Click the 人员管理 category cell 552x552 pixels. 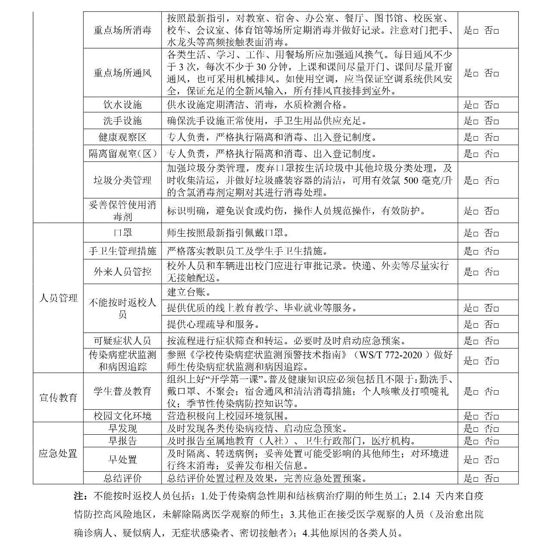tap(58, 298)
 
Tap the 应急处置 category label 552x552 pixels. tap(58, 453)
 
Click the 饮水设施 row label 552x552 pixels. tap(122, 105)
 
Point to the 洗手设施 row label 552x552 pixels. tap(122, 121)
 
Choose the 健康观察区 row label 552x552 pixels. tap(122, 137)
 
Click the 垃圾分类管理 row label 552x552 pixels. tap(122, 180)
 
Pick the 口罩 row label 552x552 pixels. tap(122, 233)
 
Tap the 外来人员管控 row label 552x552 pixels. tap(122, 272)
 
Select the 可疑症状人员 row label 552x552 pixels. tap(122, 341)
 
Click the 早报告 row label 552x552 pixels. tap(122, 441)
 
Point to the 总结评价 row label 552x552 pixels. tap(122, 478)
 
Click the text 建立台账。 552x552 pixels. tap(189, 292)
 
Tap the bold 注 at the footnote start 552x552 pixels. tap(78, 496)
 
